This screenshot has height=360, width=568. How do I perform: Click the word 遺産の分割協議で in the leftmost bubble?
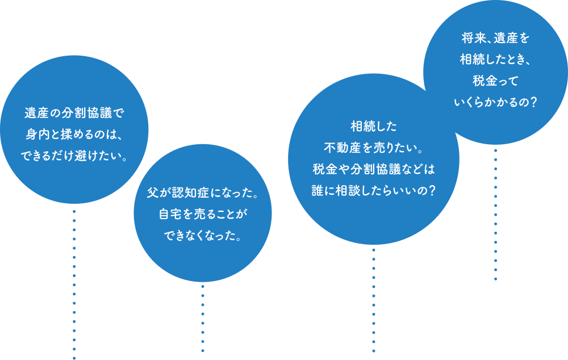[x=74, y=112]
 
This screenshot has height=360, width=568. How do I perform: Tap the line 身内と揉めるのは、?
[x=74, y=134]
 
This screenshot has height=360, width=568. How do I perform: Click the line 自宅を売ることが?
[x=203, y=215]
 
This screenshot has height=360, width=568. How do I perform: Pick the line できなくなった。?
[x=203, y=236]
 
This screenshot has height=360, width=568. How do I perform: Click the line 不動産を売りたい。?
[x=373, y=147]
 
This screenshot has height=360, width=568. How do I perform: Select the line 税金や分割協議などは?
[x=373, y=169]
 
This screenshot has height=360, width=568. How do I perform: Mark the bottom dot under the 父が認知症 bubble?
[x=203, y=351]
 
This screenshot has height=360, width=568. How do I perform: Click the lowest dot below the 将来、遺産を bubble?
[x=495, y=279]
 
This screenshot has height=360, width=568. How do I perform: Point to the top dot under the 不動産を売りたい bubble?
[x=373, y=249]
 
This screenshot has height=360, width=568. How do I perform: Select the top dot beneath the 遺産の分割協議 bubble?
[x=74, y=210]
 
